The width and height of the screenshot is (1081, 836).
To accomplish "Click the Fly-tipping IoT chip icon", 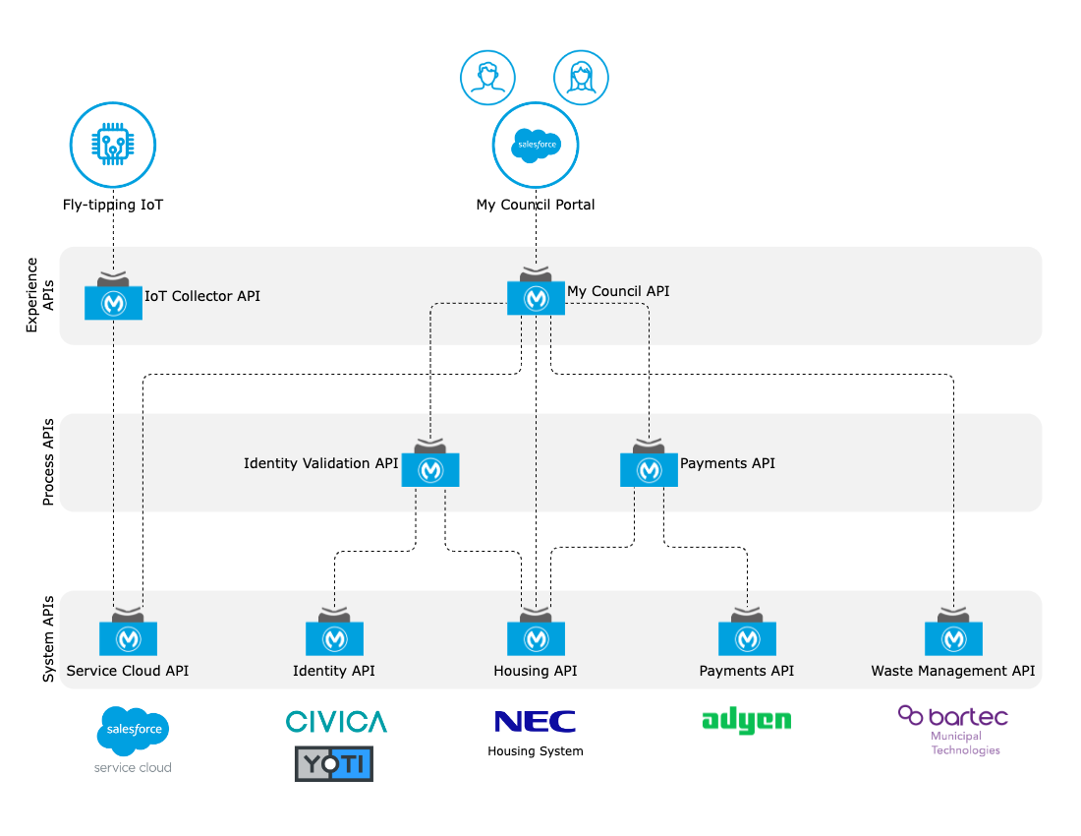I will point(113,147).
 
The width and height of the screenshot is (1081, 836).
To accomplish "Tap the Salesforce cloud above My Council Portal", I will point(536,145).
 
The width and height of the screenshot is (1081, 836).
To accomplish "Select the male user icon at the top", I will point(488,78).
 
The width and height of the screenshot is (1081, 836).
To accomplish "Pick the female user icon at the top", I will point(581,78).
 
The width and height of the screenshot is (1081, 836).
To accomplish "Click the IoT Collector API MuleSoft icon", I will point(114,302).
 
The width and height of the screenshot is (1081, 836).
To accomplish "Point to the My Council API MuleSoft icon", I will point(536,297).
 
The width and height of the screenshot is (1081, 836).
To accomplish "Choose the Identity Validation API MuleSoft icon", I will point(430,469).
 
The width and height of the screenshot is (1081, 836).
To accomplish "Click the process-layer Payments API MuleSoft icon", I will point(649,469).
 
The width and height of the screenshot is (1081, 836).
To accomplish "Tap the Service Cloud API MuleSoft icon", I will point(129,638).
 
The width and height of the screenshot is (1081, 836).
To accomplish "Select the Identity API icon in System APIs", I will point(334,638).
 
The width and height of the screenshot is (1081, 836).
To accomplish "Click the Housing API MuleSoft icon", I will point(536,638).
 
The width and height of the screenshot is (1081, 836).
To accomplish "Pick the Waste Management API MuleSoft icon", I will point(953,638).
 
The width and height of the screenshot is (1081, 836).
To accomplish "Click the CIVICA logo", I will point(336,722).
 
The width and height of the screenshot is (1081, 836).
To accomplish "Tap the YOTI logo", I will point(334,763).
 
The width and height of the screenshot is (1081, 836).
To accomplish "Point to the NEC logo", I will point(536,722).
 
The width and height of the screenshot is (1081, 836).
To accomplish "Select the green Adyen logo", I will point(747,721).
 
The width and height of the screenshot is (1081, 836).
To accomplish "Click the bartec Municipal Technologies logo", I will point(952,729).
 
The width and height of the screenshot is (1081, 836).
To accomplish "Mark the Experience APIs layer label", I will point(39,295).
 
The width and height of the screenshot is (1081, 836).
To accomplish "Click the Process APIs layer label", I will point(47,461).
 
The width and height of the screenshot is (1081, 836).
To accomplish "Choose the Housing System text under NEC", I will point(536,751).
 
